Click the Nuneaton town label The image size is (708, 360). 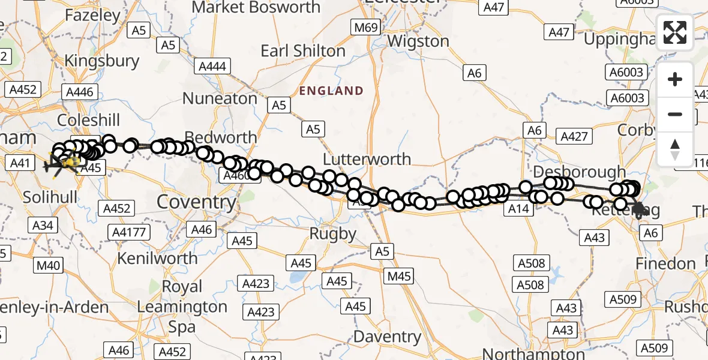pyautogui.click(x=220, y=98)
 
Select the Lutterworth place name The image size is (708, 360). pyautogui.click(x=367, y=159)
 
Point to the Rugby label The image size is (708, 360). pyautogui.click(x=332, y=233)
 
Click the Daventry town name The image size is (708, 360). pyautogui.click(x=387, y=336)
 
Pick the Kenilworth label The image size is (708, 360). pyautogui.click(x=157, y=258)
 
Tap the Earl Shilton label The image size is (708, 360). pyautogui.click(x=304, y=51)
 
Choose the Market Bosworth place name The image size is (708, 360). pyautogui.click(x=256, y=8)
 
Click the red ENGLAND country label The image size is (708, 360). pyautogui.click(x=331, y=91)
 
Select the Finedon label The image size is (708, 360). pyautogui.click(x=665, y=263)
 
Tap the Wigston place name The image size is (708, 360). pyautogui.click(x=418, y=41)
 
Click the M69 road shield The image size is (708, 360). pyautogui.click(x=365, y=28)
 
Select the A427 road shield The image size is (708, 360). pyautogui.click(x=574, y=136)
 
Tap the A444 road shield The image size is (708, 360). pyautogui.click(x=212, y=65)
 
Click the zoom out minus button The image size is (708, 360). pyautogui.click(x=675, y=114)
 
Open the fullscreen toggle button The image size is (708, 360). pyautogui.click(x=675, y=32)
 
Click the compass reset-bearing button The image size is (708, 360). pyautogui.click(x=675, y=149)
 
